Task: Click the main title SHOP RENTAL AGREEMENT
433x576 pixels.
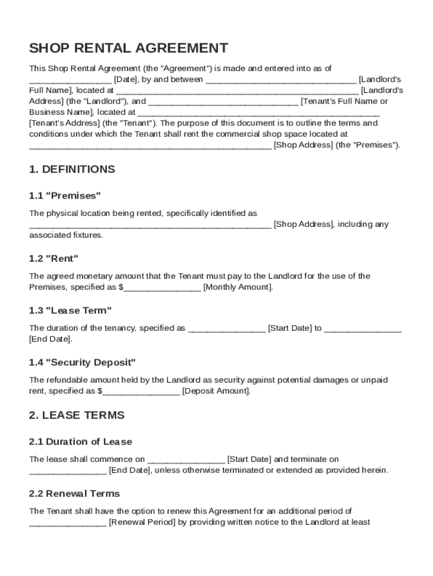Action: [129, 48]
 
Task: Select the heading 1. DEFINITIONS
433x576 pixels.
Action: [72, 169]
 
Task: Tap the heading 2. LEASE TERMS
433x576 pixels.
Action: [76, 415]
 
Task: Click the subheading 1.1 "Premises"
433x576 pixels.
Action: [65, 196]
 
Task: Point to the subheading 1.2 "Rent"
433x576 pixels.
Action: [53, 259]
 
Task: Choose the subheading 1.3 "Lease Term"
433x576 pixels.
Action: [70, 310]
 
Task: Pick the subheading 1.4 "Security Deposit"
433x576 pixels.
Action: [82, 362]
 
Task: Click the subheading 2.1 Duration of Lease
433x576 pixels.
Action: [80, 442]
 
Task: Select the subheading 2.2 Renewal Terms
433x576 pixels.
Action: [74, 493]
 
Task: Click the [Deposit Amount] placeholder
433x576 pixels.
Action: [216, 391]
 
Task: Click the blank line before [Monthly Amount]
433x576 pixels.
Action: [162, 288]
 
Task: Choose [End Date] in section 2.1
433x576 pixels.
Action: [129, 470]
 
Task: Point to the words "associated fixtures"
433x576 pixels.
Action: [66, 235]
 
